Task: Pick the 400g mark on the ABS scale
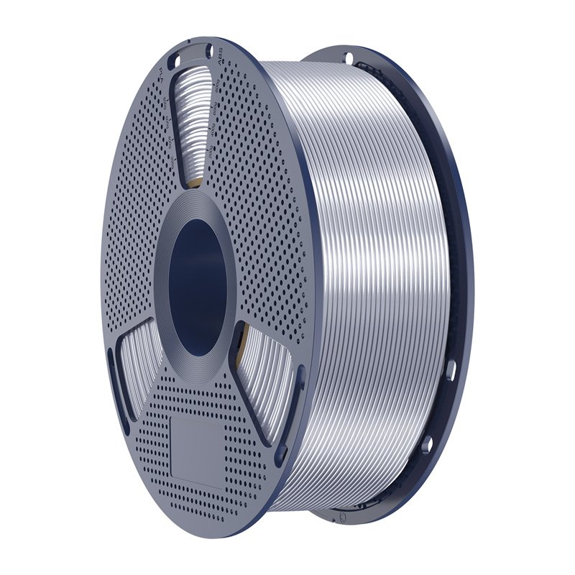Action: point(213,133)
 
